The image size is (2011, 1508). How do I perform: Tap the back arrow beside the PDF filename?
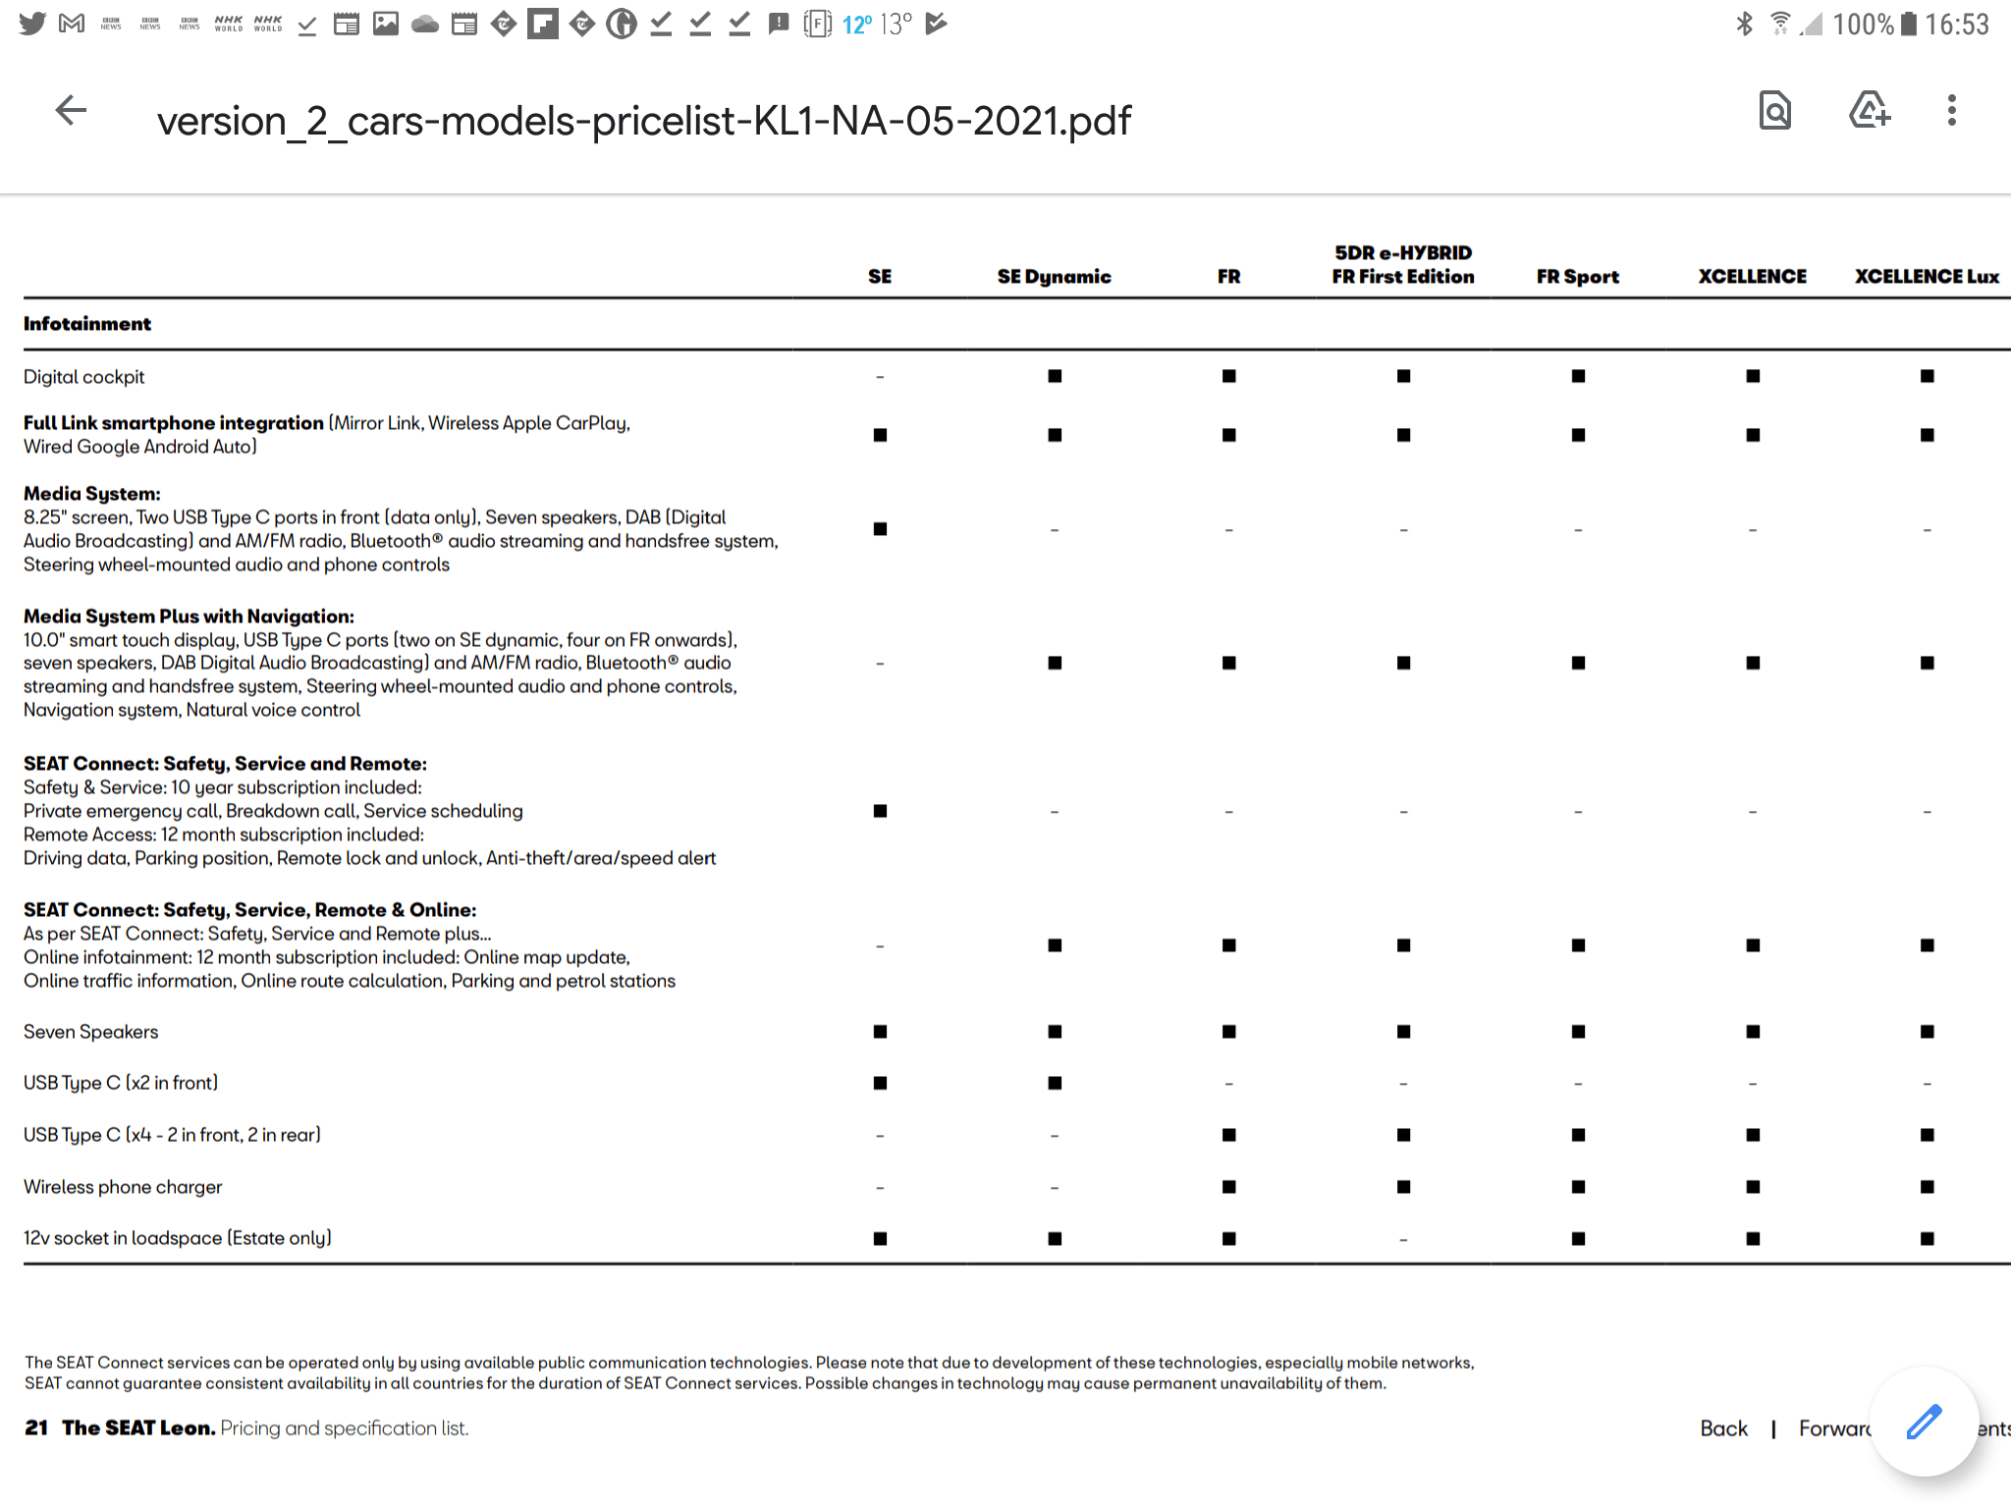[x=71, y=111]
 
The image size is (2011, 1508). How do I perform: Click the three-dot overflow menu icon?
[x=1951, y=111]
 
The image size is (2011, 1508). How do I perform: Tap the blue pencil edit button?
[x=1924, y=1422]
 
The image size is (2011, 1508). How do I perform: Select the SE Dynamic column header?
[x=1054, y=277]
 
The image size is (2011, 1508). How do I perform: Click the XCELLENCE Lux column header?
[x=1927, y=277]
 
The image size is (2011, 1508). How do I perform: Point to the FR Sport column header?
[x=1577, y=277]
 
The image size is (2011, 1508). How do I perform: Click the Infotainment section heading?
[x=87, y=324]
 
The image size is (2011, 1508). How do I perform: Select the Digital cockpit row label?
[x=84, y=377]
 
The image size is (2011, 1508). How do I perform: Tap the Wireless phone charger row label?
[x=123, y=1187]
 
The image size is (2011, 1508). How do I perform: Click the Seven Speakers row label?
[x=90, y=1032]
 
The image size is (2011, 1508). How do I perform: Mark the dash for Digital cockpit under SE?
[x=880, y=377]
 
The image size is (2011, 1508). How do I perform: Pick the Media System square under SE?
[x=880, y=529]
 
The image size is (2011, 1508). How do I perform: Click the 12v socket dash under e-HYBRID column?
[x=1403, y=1240]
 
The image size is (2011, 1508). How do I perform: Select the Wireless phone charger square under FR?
[x=1228, y=1187]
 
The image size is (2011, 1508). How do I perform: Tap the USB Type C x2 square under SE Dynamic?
[x=1055, y=1083]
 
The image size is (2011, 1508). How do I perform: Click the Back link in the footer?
[x=1723, y=1428]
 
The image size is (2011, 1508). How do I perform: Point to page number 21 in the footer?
[x=36, y=1428]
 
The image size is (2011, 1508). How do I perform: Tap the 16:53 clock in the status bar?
[x=1956, y=25]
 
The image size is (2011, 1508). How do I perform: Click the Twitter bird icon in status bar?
[x=32, y=24]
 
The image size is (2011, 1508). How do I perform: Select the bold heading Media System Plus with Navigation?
[x=189, y=617]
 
